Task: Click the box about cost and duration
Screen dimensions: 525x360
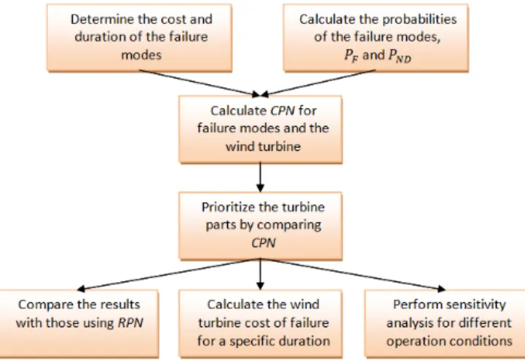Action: coord(139,38)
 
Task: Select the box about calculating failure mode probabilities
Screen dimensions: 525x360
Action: coord(376,38)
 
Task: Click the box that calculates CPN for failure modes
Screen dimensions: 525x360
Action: coord(261,130)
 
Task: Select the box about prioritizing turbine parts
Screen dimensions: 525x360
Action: coord(261,226)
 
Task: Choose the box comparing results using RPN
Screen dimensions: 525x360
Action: coord(79,324)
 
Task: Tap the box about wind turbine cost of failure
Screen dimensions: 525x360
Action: coord(261,324)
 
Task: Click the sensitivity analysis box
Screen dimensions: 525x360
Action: coord(445,324)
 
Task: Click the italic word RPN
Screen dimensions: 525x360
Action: coord(130,323)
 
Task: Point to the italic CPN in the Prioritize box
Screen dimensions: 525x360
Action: coord(264,243)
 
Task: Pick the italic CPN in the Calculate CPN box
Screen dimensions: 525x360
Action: coord(283,111)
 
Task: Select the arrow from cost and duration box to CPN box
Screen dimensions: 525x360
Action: coord(200,83)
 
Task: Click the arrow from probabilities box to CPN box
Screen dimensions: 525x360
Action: coord(317,83)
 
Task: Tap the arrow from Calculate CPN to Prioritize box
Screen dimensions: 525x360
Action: coord(260,177)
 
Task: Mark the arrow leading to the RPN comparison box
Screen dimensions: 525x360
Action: coord(169,274)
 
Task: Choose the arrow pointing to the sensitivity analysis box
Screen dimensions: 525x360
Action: coord(353,274)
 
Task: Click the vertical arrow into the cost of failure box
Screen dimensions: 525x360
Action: coord(260,274)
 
